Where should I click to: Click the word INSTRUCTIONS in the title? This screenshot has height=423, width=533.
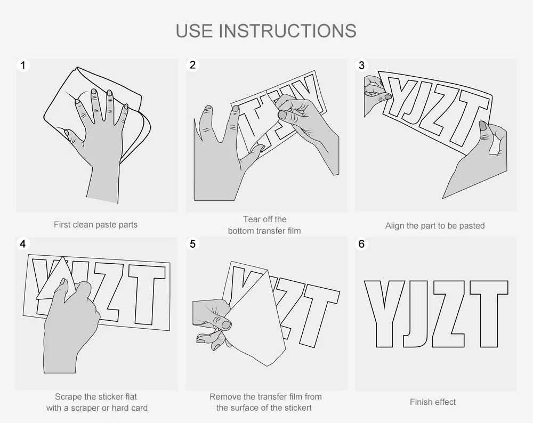288,30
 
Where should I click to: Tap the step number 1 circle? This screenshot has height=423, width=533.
23,65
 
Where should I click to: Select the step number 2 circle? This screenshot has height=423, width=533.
193,65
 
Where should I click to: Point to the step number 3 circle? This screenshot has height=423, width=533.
362,65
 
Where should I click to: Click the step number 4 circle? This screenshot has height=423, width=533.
23,243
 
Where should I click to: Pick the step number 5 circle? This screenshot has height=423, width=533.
193,243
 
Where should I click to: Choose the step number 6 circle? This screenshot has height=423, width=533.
362,243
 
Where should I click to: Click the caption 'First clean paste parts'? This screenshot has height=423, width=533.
95,225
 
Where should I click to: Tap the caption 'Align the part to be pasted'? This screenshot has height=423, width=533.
435,225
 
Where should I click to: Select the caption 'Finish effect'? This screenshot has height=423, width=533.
433,402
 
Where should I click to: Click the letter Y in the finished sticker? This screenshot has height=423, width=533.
384,314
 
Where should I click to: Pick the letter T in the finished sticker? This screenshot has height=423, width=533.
489,314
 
